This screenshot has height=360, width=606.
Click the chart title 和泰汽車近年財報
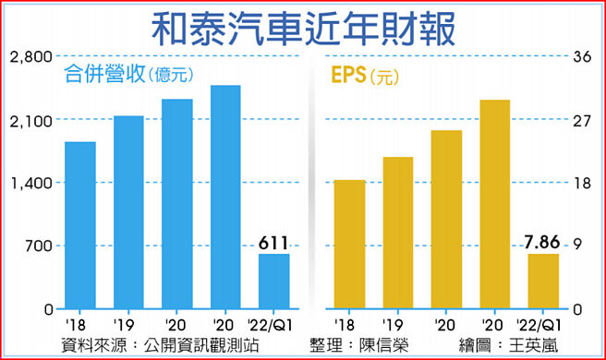303,28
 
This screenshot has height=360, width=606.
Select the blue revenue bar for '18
80,225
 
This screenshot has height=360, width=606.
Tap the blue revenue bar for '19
128,212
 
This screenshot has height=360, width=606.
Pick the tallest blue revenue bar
225,197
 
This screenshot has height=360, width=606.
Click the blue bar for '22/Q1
273,281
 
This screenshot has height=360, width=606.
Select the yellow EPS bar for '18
349,244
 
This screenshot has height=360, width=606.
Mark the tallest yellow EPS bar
495,204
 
